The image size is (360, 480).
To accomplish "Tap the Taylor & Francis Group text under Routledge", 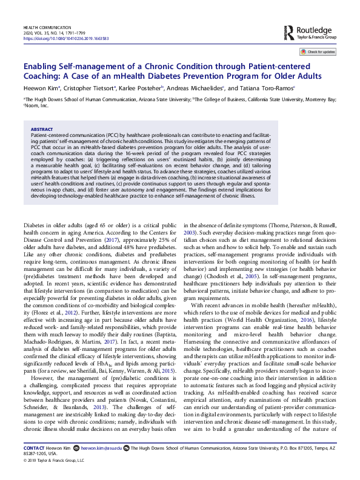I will [316, 38].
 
